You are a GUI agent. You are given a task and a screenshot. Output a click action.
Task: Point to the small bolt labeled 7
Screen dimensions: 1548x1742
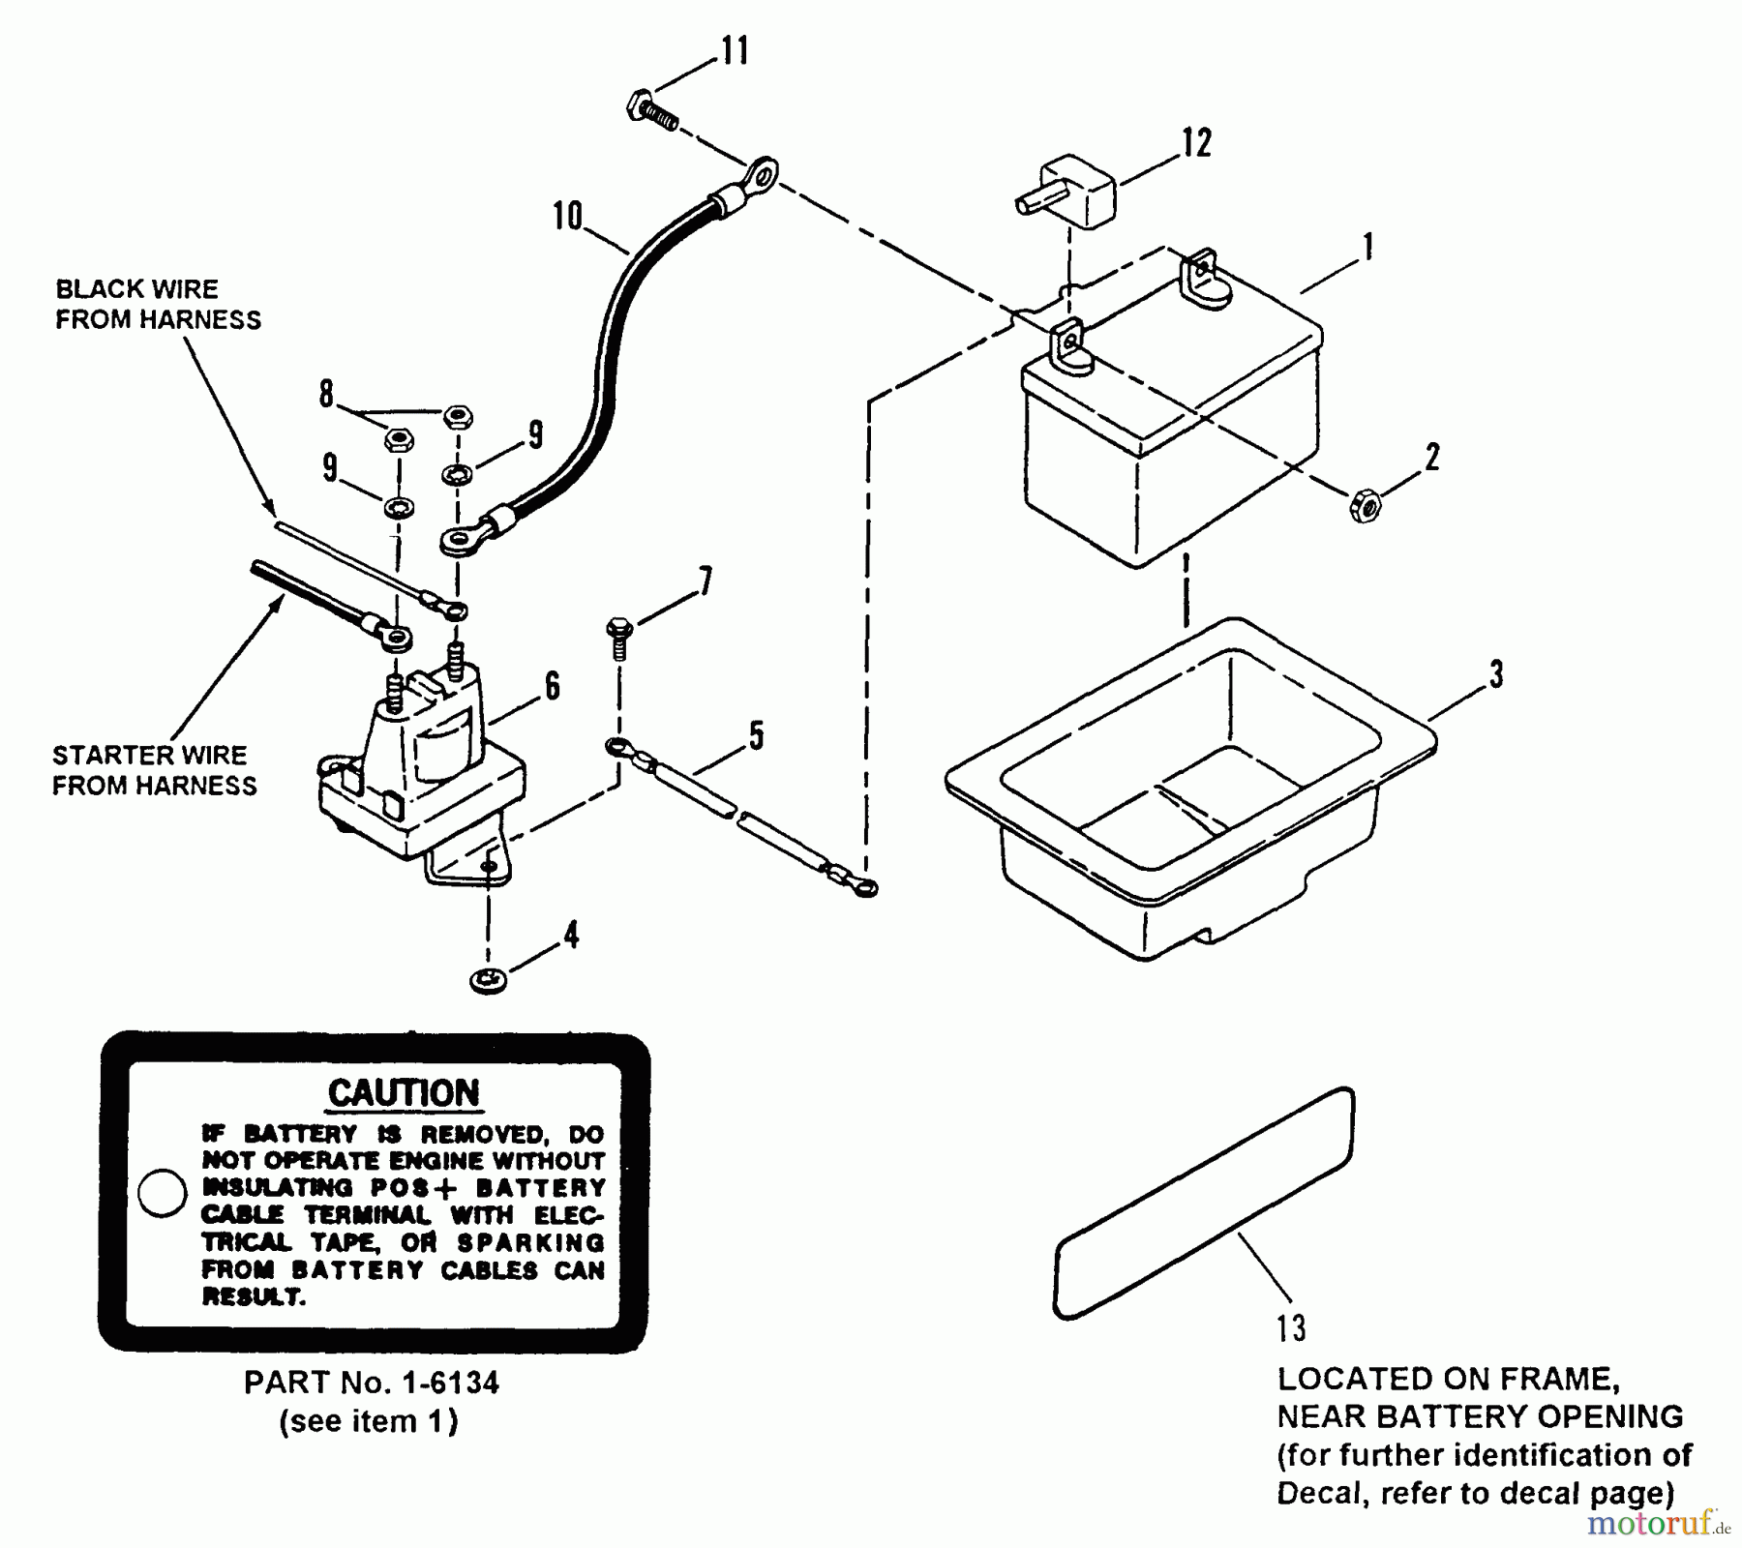click(618, 635)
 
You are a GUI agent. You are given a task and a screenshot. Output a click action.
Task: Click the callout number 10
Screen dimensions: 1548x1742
click(568, 216)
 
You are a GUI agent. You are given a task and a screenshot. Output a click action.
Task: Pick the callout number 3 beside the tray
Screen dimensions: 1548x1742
click(1496, 674)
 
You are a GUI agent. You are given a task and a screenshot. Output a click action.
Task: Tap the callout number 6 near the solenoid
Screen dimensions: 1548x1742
click(552, 686)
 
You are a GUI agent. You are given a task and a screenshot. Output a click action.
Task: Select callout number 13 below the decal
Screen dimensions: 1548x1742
click(1291, 1328)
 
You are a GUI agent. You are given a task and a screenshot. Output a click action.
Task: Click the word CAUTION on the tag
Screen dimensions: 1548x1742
click(404, 1093)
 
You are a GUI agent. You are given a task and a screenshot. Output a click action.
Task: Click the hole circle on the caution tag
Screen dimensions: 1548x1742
click(162, 1193)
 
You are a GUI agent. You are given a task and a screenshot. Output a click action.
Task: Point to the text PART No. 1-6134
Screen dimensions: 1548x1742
click(372, 1383)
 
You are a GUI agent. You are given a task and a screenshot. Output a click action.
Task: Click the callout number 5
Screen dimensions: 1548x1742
click(756, 735)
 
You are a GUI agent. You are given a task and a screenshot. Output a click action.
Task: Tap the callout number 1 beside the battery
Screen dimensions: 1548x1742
click(1367, 247)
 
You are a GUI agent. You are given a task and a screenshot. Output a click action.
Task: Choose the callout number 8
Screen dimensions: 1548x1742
click(326, 394)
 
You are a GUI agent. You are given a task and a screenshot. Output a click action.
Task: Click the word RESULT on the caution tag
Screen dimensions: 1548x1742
click(254, 1297)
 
